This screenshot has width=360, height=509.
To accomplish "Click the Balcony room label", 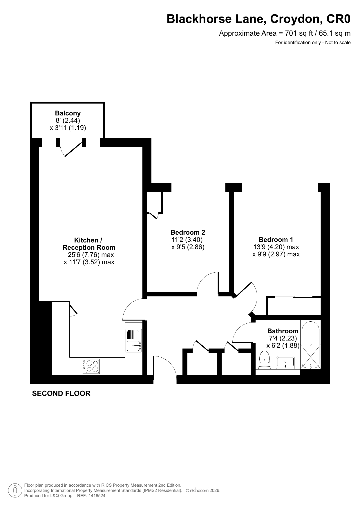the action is (x=68, y=113).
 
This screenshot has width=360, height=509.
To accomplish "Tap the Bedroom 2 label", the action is (x=188, y=232).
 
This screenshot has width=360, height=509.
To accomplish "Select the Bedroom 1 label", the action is (x=276, y=240).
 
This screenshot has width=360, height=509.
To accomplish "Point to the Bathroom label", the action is (x=283, y=331).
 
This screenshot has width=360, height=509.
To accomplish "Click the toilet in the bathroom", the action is (x=264, y=360).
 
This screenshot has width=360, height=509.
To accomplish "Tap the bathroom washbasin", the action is (x=285, y=363).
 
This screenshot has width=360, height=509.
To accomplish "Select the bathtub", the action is (x=311, y=345).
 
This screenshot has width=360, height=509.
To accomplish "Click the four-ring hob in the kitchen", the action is (x=91, y=366).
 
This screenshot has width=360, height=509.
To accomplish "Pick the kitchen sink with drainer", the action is (x=134, y=340).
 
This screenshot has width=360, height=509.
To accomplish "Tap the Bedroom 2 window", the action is (x=198, y=188).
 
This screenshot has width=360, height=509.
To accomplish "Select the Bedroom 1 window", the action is (x=280, y=188).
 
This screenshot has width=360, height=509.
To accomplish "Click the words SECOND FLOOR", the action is (x=61, y=394).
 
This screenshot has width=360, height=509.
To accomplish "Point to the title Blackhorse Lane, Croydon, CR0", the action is (x=258, y=19).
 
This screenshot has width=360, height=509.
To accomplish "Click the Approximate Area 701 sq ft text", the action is (x=285, y=33).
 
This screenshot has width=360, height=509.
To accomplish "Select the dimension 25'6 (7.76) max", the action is (x=91, y=255).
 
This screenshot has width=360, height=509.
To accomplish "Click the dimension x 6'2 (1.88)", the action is (x=283, y=345).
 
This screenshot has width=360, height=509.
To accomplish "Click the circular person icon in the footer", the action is (x=15, y=490).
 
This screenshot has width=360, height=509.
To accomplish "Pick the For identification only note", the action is (x=313, y=43).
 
